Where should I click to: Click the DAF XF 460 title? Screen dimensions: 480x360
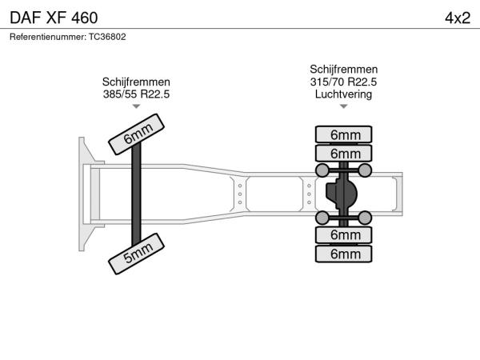[x=54, y=18]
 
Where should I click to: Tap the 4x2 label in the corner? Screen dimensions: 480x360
[x=458, y=18]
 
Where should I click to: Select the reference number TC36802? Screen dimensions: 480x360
[x=107, y=37]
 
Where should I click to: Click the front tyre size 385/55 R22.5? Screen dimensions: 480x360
[x=136, y=94]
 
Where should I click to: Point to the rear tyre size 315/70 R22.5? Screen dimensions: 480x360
[x=343, y=82]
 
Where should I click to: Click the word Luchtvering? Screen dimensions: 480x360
[x=343, y=94]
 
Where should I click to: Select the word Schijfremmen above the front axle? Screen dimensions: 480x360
[x=136, y=82]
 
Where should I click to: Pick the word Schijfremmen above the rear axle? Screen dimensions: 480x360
[x=343, y=69]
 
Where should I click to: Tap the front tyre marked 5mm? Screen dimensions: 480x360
[x=137, y=254]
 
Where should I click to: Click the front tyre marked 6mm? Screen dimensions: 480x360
[x=137, y=134]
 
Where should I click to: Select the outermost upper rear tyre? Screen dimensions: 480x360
[x=343, y=134]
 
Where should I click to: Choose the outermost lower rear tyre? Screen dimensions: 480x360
[x=343, y=254]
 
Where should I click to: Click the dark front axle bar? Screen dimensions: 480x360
[x=136, y=194]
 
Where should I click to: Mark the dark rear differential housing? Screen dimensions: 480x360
[x=341, y=194]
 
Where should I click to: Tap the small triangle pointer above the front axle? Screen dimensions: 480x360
[x=136, y=106]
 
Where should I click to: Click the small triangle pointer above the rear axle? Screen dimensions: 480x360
[x=343, y=106]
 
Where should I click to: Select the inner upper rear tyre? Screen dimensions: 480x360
[x=343, y=153]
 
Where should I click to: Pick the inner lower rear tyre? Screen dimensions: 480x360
[x=343, y=234]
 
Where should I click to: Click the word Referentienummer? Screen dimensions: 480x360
[x=48, y=37]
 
